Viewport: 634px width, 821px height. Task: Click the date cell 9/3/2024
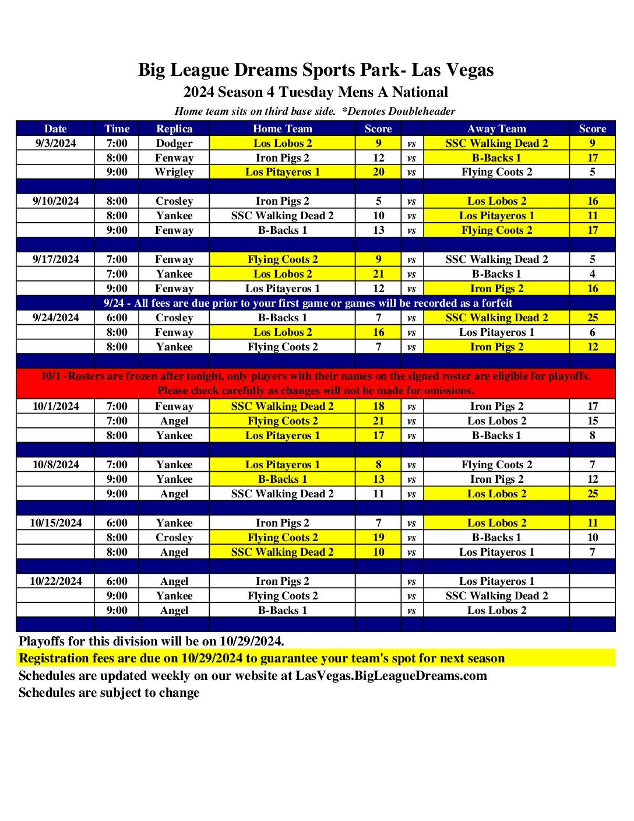[55, 143]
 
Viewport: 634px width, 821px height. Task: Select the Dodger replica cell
[174, 143]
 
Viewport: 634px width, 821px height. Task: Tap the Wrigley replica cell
[174, 172]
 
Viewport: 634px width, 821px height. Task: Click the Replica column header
[174, 129]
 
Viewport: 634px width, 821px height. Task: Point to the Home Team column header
[283, 129]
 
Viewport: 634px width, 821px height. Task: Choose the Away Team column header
[496, 129]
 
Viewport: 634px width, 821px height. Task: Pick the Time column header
[117, 129]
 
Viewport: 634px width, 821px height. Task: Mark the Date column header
[55, 129]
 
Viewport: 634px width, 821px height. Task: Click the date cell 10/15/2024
[56, 523]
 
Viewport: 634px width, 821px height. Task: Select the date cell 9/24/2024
[56, 318]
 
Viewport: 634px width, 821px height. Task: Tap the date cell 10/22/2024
[56, 581]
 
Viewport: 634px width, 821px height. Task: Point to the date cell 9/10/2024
[56, 201]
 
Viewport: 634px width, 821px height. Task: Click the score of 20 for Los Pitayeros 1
[379, 172]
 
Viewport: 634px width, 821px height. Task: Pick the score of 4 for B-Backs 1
[593, 274]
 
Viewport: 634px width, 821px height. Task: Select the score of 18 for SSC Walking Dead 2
[379, 406]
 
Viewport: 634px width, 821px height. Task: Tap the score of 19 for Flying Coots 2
[379, 538]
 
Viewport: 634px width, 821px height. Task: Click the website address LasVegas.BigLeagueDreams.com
[391, 676]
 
